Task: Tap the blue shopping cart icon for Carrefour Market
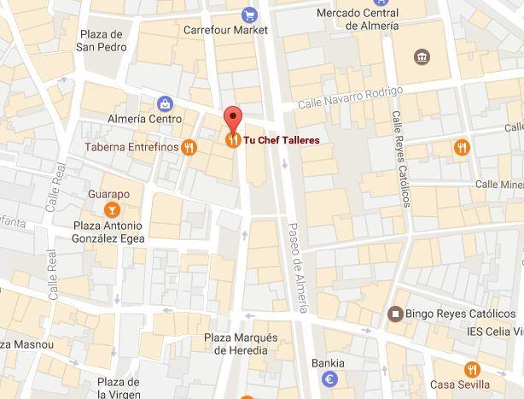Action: point(249,14)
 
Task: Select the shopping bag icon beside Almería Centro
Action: point(163,103)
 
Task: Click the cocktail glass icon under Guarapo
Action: point(109,209)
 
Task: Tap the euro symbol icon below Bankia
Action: point(329,378)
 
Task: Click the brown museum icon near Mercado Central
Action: point(422,57)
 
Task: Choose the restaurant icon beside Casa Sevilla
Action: point(475,370)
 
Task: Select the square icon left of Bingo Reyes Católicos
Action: point(394,314)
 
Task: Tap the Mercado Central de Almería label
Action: point(357,19)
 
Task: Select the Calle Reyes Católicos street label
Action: point(399,158)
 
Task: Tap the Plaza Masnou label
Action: point(26,343)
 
